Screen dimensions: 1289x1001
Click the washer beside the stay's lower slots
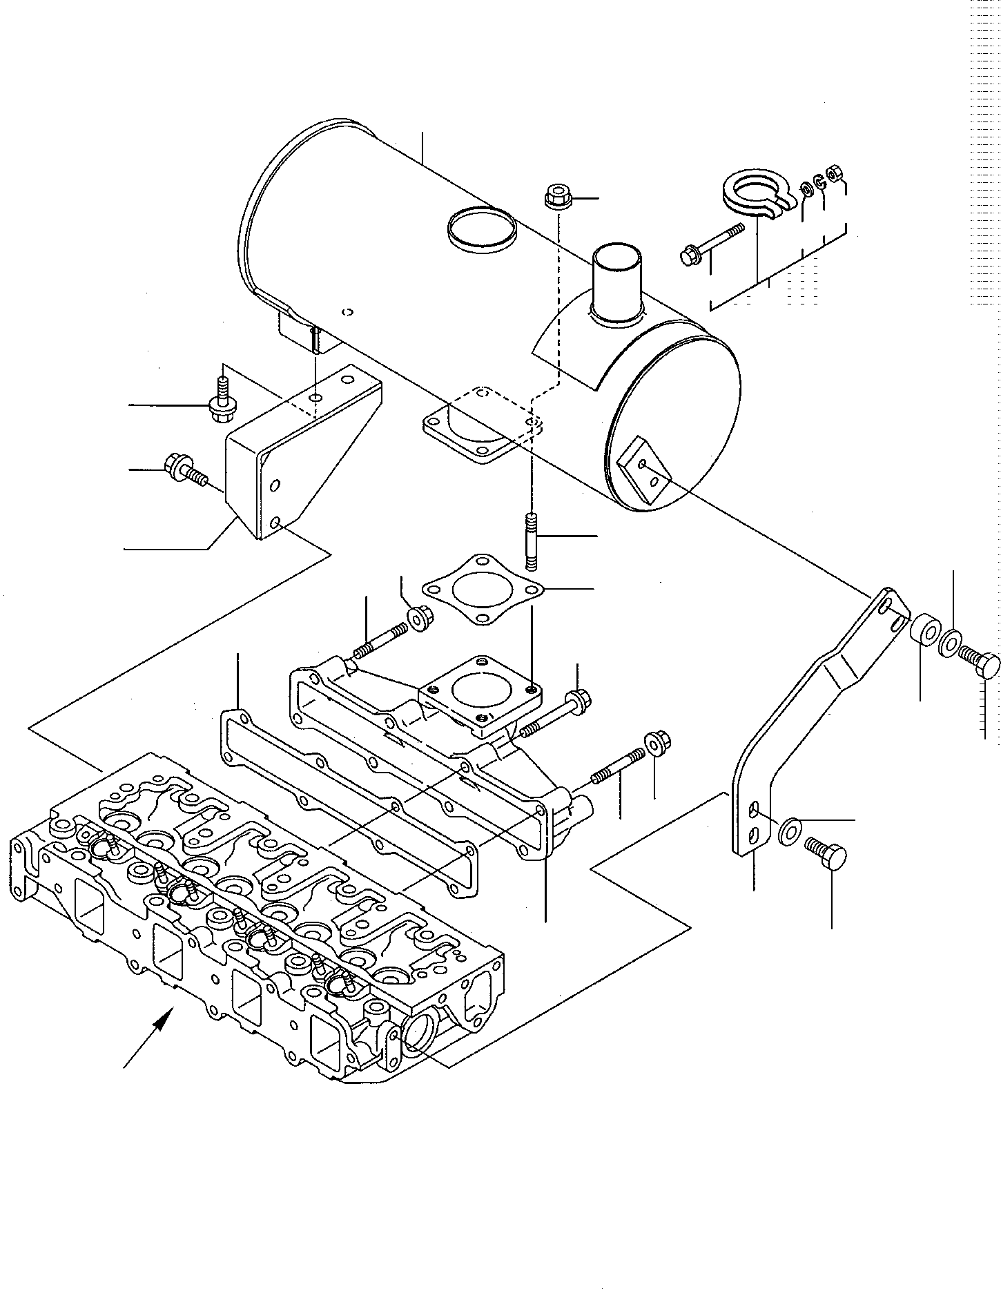click(790, 831)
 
